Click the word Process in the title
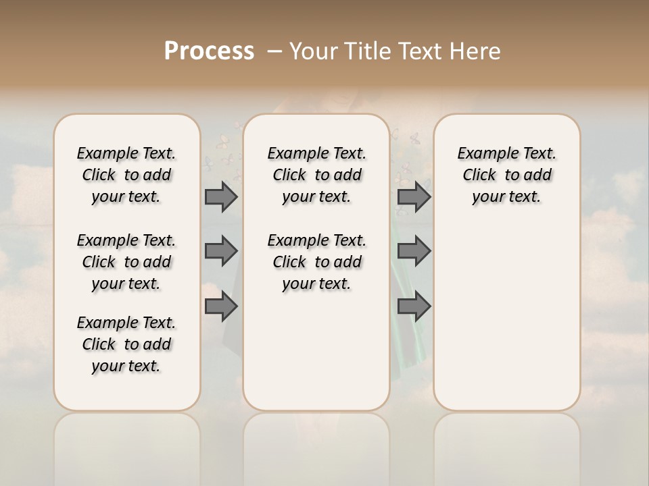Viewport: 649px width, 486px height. point(209,51)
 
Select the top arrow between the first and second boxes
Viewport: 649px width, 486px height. point(221,196)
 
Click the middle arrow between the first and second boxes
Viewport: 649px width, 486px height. point(221,251)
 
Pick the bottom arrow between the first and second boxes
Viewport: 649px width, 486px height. point(221,306)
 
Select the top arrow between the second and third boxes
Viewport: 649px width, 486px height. point(414,196)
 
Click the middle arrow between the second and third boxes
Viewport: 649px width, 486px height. point(414,251)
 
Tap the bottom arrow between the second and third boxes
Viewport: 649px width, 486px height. point(414,306)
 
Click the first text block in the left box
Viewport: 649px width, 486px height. point(126,175)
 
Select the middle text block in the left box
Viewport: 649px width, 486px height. point(126,262)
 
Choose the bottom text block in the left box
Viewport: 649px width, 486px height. point(126,344)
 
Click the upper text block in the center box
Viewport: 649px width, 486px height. point(316,175)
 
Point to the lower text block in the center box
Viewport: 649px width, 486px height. point(316,262)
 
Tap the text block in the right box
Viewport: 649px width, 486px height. point(506,175)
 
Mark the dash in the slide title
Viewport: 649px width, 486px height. point(274,51)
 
